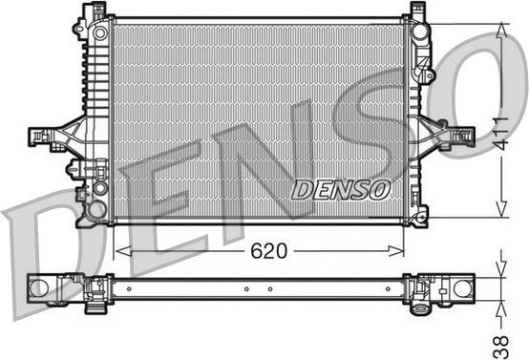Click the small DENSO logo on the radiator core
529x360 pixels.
pyautogui.click(x=341, y=189)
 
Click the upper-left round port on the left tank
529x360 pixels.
pyautogui.click(x=99, y=34)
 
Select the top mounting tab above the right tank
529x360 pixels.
pyautogui.click(x=416, y=11)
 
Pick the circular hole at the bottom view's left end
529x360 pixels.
pyautogui.click(x=40, y=287)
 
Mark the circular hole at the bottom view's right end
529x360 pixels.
pyautogui.click(x=462, y=288)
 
